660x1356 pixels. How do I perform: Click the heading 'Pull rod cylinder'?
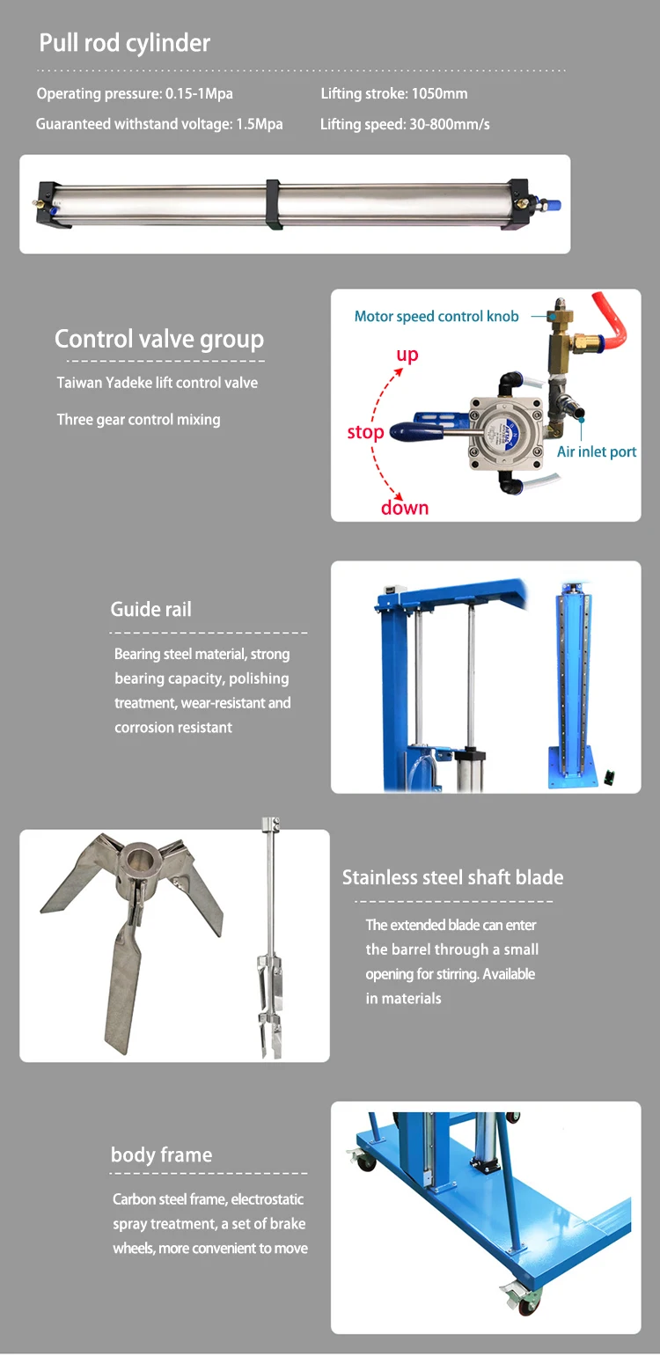click(x=125, y=43)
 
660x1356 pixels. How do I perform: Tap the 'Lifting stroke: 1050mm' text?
click(x=393, y=93)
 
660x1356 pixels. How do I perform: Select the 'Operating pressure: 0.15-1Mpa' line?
click(x=135, y=93)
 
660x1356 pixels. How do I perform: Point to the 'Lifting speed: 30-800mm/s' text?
click(x=405, y=124)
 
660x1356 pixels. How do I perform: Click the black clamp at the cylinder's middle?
click(x=273, y=203)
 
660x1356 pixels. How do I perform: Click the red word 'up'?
click(x=407, y=355)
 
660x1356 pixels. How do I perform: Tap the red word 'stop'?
click(x=365, y=432)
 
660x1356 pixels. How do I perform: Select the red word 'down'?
click(x=405, y=508)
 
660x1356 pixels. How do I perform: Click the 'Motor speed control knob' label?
click(x=436, y=316)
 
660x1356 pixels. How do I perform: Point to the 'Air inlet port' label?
click(x=597, y=451)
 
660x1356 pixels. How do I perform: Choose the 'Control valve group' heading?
click(x=159, y=339)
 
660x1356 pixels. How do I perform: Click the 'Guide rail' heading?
click(x=150, y=609)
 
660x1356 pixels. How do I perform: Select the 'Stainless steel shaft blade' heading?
click(x=452, y=877)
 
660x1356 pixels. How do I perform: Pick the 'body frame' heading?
click(x=161, y=1154)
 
